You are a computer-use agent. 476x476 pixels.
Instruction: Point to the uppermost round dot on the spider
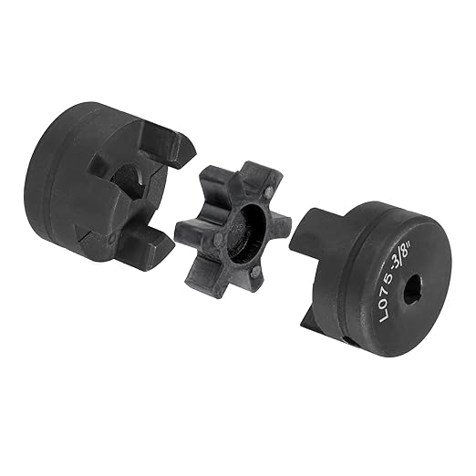click(268, 191)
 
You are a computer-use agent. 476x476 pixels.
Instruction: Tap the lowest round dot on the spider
click(255, 272)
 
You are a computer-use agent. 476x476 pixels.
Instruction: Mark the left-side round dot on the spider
click(218, 239)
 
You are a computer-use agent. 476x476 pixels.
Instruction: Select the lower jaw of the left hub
click(143, 248)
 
